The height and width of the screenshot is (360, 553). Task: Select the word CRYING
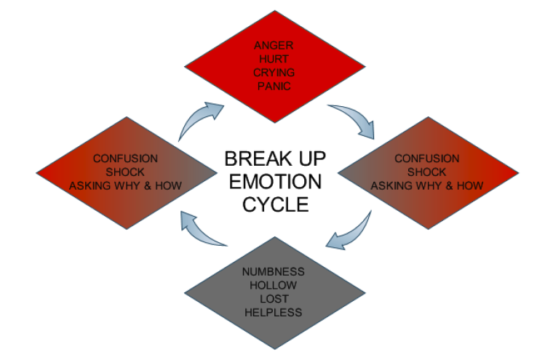(x=274, y=73)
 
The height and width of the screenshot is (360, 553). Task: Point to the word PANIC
(x=274, y=87)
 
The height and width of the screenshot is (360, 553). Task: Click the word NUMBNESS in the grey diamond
(x=274, y=272)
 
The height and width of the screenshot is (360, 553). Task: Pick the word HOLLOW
(x=274, y=285)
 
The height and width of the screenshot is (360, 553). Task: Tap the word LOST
(x=274, y=299)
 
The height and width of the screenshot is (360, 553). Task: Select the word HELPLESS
(x=274, y=313)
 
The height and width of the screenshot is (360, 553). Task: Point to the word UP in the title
(x=312, y=158)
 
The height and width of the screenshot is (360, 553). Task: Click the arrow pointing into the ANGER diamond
(x=202, y=119)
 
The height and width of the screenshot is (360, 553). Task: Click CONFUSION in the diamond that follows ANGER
(x=426, y=159)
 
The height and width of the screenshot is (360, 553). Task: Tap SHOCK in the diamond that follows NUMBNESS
(x=125, y=172)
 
